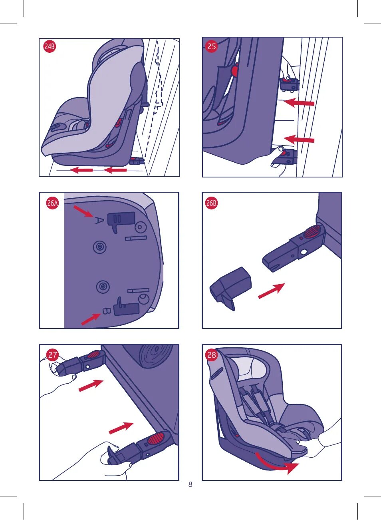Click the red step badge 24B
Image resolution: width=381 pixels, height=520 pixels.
(50, 46)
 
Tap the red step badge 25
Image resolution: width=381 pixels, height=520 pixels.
(211, 46)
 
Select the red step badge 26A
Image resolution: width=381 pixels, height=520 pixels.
(52, 203)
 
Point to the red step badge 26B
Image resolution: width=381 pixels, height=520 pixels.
(211, 203)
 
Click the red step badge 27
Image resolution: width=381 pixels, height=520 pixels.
(53, 355)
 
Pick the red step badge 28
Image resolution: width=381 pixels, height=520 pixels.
(212, 355)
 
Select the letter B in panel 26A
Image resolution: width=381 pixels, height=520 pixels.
(107, 311)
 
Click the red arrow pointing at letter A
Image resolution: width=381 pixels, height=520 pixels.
(83, 211)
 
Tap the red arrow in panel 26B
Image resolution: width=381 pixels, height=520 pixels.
(272, 291)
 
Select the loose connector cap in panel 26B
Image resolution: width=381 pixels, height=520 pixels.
(230, 288)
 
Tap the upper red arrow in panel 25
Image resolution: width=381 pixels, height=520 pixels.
(299, 103)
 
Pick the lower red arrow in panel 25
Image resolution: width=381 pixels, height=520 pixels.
(299, 139)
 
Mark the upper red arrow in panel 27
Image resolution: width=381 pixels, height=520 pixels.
(91, 386)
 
